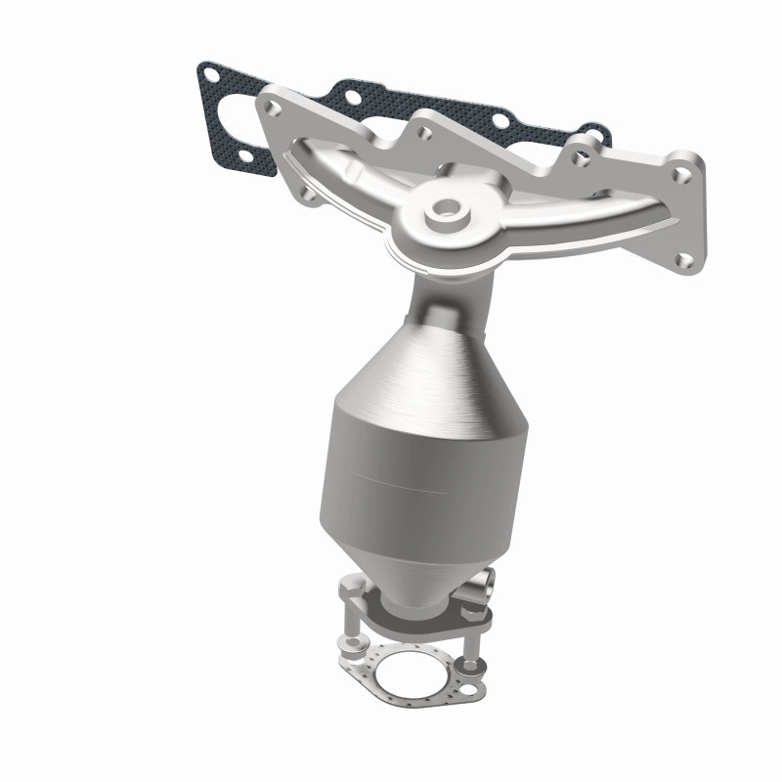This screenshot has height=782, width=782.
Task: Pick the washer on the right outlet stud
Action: click(472, 667)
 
